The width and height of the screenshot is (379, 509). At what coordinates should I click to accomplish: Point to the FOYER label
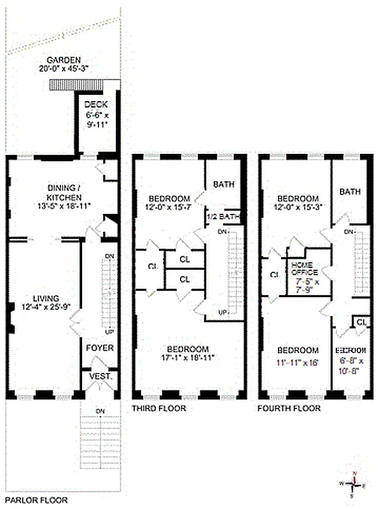coord(100,348)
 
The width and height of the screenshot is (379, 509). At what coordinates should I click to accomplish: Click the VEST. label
coord(100,376)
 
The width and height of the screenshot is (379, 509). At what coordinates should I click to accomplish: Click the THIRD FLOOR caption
coord(159,408)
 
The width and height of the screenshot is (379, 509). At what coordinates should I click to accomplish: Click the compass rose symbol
coord(354,485)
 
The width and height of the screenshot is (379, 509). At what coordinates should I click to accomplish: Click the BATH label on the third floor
coord(223,185)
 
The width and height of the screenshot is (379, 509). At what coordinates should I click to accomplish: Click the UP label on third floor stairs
coord(222,312)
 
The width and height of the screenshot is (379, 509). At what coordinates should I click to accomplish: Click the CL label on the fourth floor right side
coord(361,323)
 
